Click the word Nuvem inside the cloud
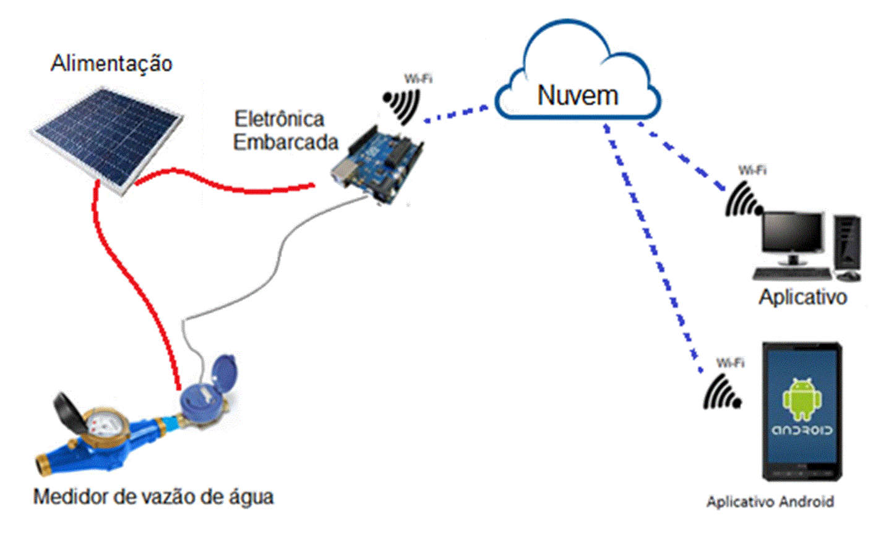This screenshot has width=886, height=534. coord(577,95)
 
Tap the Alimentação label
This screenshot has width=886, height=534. coord(111,63)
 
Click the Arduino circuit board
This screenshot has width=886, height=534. coord(379,164)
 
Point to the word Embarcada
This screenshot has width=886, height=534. coord(285,142)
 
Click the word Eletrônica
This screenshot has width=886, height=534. coord(279,118)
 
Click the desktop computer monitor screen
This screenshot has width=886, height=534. coord(793,234)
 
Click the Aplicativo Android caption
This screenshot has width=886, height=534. coord(770,501)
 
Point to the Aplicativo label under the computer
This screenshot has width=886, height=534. coord(802,297)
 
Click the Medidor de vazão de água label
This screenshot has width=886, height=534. coord(153,496)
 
